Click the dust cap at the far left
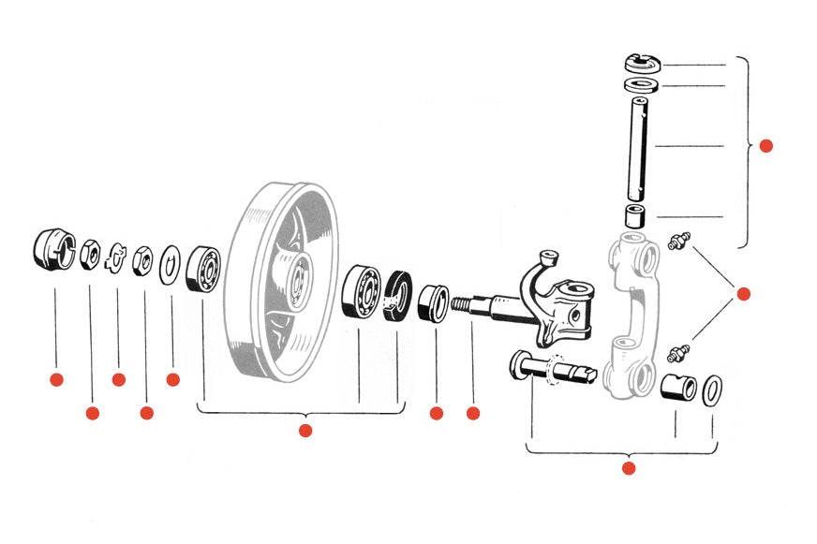point(53,250)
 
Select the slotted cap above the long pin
point(643,64)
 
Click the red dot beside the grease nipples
point(744,294)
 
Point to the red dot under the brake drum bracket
point(305,431)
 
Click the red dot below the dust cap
point(55,379)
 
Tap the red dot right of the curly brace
point(765,146)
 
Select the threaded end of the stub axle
point(463,305)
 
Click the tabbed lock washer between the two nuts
point(117,256)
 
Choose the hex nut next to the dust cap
point(91,253)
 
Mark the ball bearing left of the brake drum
point(203,269)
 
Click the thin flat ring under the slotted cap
point(642,85)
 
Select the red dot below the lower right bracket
point(629,468)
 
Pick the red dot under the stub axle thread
point(473,413)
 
